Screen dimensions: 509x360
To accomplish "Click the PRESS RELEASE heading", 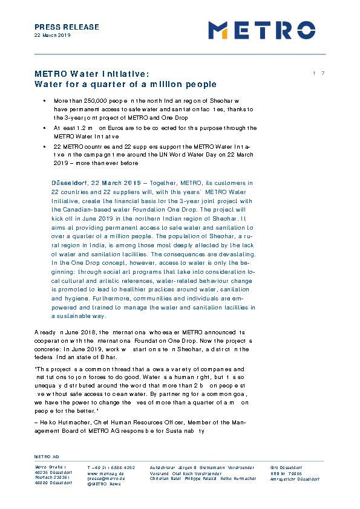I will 67,27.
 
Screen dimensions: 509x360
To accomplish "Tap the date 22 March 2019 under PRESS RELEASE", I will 53,36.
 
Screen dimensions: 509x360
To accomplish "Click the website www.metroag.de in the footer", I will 105,473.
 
